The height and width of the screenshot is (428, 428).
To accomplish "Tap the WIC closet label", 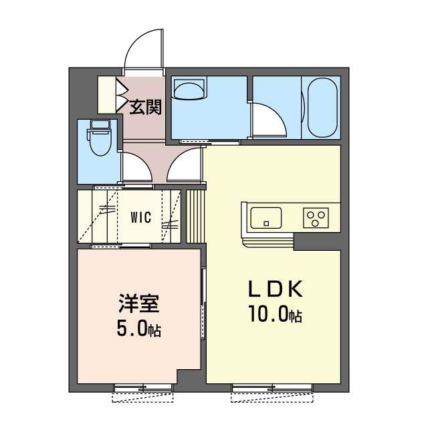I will tap(140, 217).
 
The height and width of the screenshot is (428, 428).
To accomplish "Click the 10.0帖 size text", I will tap(275, 315).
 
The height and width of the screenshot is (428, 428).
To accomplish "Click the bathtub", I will tap(321, 107).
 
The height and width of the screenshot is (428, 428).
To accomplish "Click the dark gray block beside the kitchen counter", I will tap(317, 242).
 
